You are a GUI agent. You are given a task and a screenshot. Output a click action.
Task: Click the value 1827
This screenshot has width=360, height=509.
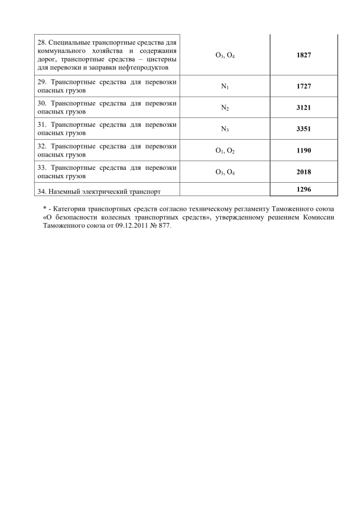coord(304,55)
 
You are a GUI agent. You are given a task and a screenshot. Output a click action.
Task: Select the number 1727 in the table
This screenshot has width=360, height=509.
coord(304,86)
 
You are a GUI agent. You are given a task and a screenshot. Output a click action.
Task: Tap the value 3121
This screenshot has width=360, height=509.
coord(304,107)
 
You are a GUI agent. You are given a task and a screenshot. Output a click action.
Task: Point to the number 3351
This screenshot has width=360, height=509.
coord(304,129)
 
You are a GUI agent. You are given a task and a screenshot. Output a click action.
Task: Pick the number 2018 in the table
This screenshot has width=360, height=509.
coord(304,172)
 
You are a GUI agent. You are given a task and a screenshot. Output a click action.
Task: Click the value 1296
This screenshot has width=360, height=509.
coord(304,189)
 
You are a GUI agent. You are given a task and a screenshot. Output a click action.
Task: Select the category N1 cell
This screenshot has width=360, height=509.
coord(225,87)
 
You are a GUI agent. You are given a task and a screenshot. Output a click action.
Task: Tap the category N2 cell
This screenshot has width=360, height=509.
coord(225,108)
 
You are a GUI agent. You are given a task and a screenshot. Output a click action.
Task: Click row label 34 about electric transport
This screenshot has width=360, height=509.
coord(99,191)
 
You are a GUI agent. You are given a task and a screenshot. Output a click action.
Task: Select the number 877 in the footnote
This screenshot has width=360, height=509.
coord(164,226)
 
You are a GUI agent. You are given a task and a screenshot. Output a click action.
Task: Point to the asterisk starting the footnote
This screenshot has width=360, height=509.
coord(44,208)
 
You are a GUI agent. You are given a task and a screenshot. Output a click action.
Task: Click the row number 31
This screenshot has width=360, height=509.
coord(42,125)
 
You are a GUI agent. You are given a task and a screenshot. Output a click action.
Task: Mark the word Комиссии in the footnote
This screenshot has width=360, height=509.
coord(319,217)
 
